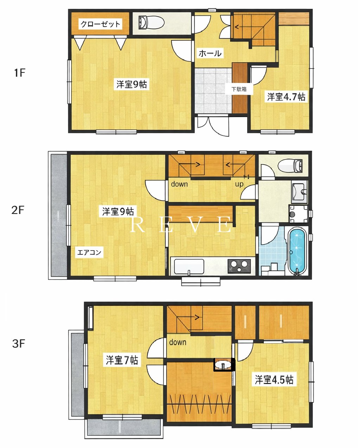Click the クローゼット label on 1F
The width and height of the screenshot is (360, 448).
(x=100, y=24)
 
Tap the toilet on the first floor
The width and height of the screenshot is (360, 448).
(x=152, y=23)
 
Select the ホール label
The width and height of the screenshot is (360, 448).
(x=210, y=53)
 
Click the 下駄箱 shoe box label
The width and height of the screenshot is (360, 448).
(x=239, y=89)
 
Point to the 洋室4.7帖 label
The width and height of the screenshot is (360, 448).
(x=286, y=97)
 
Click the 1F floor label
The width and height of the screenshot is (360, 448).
(x=20, y=73)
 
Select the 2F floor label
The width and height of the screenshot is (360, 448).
(x=18, y=210)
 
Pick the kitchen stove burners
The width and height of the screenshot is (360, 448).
(x=239, y=266)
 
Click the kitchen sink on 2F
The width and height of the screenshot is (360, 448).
(x=189, y=266)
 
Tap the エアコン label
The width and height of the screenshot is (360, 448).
(x=89, y=253)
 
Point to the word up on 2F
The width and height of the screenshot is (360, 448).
(x=239, y=184)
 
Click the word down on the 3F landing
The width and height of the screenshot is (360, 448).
(x=178, y=342)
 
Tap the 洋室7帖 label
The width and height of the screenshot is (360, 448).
(x=122, y=360)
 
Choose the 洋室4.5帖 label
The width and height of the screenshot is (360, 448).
(x=274, y=379)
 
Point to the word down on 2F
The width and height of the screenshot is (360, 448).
(x=179, y=184)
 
